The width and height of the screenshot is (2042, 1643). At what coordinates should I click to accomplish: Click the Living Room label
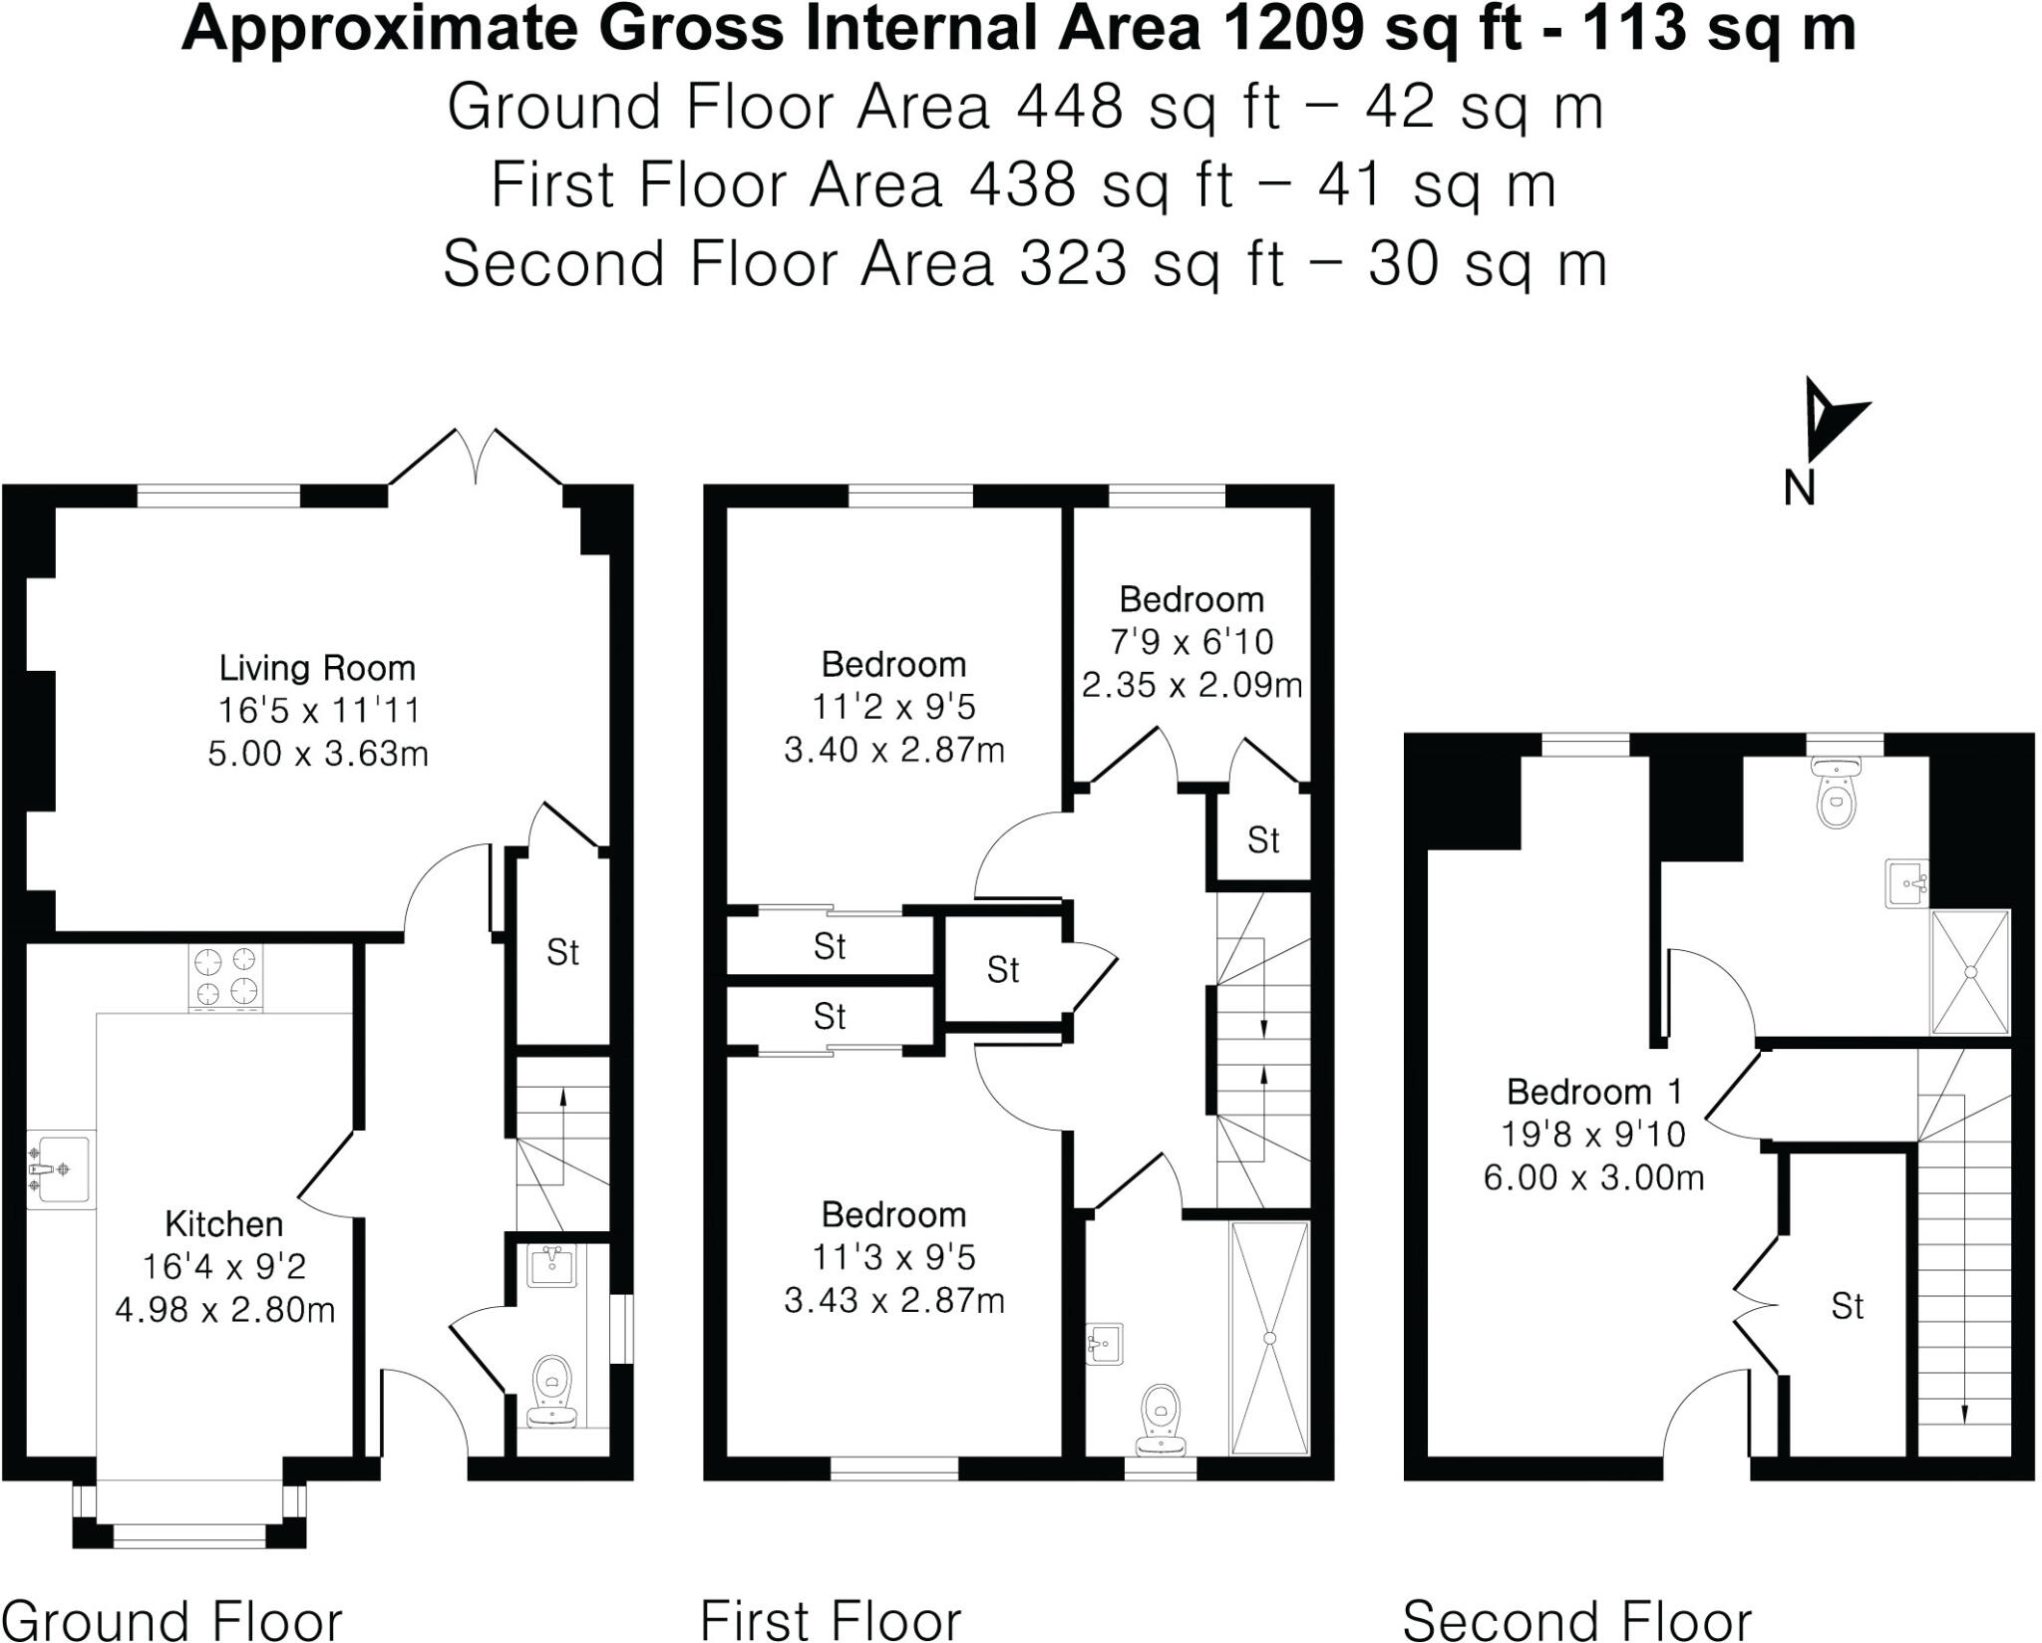[x=317, y=668]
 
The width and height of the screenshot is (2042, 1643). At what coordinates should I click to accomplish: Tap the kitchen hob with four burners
[x=225, y=976]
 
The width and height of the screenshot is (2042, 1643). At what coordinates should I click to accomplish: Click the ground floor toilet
[x=549, y=1388]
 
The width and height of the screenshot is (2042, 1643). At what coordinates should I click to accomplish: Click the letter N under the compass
[x=1799, y=490]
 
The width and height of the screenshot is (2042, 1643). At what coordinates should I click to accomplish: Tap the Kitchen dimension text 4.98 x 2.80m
[x=224, y=1309]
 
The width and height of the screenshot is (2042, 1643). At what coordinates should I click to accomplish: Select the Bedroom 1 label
[x=1593, y=1092]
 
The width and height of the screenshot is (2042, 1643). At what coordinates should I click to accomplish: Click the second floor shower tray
[x=1969, y=971]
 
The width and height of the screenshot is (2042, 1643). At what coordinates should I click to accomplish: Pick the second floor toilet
[x=1835, y=796]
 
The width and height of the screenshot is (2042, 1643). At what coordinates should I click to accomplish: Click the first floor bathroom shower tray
[x=1269, y=1338]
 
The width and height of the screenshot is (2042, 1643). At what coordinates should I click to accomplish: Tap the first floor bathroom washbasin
[x=1105, y=1343]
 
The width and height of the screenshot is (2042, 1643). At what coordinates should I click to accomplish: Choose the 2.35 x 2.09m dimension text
[x=1191, y=686]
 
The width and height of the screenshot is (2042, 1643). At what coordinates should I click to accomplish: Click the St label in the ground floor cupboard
[x=562, y=953]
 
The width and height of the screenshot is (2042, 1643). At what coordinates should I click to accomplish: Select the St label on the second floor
[x=1847, y=1306]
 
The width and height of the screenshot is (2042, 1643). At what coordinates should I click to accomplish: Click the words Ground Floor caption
[x=173, y=1619]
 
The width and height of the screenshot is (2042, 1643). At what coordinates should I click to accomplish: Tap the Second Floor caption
[x=1576, y=1619]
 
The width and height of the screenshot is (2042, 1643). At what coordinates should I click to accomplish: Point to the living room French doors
[x=476, y=459]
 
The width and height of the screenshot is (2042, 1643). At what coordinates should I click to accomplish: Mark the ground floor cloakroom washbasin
[x=550, y=1267]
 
